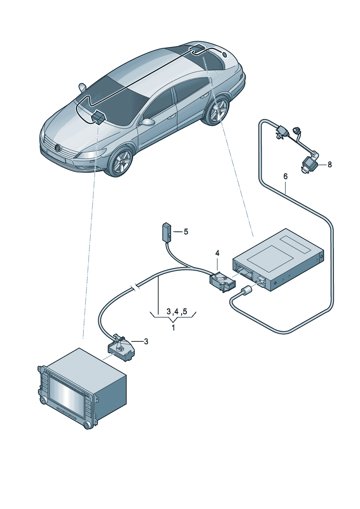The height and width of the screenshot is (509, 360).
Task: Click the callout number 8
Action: [x=330, y=165]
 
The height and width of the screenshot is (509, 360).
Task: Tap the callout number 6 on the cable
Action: [x=286, y=176]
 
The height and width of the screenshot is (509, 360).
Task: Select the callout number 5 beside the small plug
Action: [x=186, y=231]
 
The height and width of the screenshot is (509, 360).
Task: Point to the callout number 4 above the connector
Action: [x=217, y=253]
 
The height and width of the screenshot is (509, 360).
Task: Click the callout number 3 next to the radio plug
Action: [x=146, y=341]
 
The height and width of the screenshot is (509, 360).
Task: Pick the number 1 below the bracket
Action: [x=173, y=328]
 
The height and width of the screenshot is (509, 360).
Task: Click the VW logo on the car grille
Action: [x=57, y=147]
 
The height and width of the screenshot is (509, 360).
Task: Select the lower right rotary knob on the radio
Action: [x=87, y=426]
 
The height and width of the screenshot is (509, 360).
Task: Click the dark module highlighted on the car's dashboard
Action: [x=98, y=117]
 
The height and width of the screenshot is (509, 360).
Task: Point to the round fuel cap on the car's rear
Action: [x=225, y=55]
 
